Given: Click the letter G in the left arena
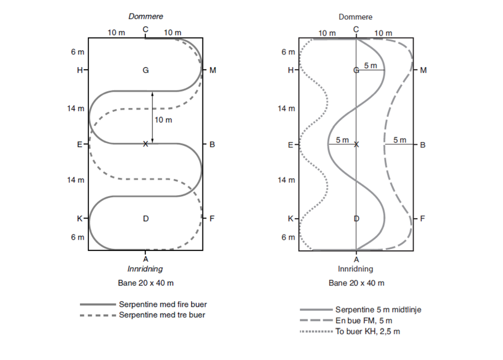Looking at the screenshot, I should click(145, 70).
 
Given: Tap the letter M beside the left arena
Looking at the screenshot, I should click(212, 70).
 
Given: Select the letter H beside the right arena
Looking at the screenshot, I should click(290, 70).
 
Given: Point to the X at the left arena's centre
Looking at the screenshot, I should click(145, 144).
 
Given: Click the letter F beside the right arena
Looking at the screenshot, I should click(423, 219).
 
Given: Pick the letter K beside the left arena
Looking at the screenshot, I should click(79, 219).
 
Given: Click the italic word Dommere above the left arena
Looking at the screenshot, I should click(145, 17).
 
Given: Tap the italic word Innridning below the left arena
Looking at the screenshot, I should click(145, 269).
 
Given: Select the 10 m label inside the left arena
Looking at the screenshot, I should click(164, 120).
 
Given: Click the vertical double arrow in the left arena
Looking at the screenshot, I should click(153, 117).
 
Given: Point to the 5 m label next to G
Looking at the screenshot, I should click(371, 66).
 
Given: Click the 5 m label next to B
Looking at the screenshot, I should click(400, 140).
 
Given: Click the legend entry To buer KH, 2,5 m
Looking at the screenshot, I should click(368, 331).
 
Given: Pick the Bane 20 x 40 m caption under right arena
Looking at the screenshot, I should click(356, 283).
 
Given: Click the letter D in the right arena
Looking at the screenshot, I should click(357, 219).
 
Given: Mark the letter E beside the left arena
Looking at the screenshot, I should click(79, 144).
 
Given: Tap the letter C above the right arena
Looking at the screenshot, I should click(357, 29).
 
